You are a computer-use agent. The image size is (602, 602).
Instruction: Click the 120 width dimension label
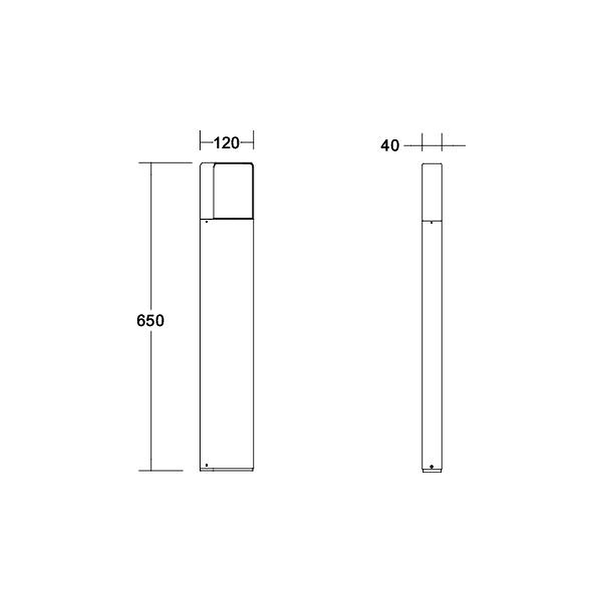point(226,143)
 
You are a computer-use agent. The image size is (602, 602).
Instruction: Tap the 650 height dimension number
point(150,321)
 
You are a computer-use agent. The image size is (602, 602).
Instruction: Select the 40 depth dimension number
point(390,146)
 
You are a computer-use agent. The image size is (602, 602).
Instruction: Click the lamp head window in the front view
point(234,191)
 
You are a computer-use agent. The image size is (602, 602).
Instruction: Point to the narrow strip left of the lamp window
point(207,191)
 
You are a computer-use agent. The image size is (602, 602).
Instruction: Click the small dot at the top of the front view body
point(206,222)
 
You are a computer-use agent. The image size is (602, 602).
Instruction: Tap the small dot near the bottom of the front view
point(206,465)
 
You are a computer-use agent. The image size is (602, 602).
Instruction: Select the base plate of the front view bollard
point(226,470)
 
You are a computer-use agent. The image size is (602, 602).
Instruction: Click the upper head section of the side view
point(432,192)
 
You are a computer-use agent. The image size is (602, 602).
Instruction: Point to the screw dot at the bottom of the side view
point(432,467)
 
